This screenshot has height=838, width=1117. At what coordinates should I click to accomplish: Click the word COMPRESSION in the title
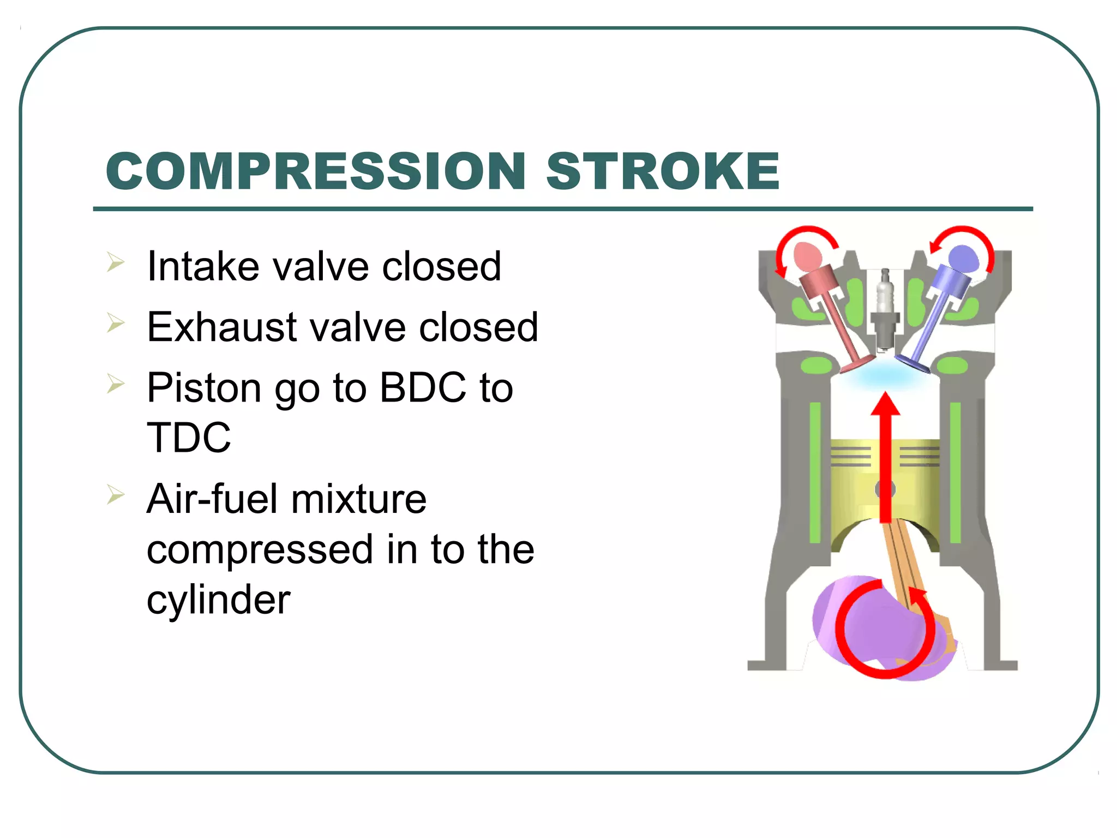coord(316,171)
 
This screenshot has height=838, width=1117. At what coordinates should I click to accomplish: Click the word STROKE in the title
coord(663,171)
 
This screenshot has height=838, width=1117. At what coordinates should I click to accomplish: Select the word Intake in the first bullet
coord(203,266)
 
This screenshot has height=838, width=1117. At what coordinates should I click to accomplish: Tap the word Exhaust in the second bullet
coord(223,327)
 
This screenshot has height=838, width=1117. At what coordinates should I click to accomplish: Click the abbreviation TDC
coord(189,438)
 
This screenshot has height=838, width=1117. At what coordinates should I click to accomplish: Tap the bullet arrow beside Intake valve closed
coord(116,262)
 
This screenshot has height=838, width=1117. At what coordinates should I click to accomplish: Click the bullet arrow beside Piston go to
coord(116,384)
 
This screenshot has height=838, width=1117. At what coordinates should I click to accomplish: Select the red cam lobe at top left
coord(808,256)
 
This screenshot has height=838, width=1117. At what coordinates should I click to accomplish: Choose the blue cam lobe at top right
coord(963,258)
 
